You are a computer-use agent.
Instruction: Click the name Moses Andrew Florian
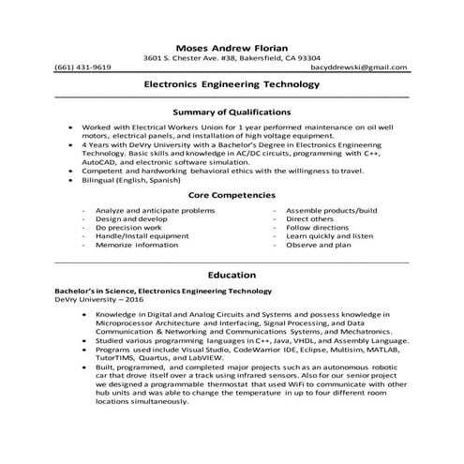coord(232,47)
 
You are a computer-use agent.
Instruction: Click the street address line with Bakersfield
coord(232,58)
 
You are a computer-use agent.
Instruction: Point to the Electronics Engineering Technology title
coord(232,83)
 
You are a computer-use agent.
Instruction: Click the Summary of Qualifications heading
coord(232,112)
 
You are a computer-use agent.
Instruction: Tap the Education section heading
coord(232,276)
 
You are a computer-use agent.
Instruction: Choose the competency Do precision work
coord(128,227)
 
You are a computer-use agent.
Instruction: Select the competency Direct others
coord(312,218)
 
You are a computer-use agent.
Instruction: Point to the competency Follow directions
coord(320,227)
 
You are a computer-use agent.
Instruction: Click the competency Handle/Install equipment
coord(142,236)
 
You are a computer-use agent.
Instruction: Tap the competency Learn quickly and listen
coord(329,236)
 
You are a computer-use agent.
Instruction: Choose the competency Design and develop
coord(130,218)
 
